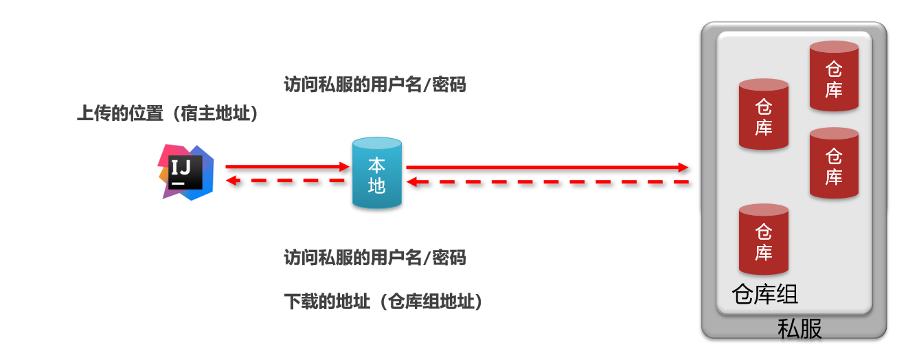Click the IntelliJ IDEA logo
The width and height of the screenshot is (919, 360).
pyautogui.click(x=185, y=172)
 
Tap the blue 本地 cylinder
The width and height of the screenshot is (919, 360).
pyautogui.click(x=376, y=173)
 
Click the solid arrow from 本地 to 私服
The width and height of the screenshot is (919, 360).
pyautogui.click(x=547, y=167)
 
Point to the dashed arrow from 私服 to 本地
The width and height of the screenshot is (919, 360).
pyautogui.click(x=547, y=182)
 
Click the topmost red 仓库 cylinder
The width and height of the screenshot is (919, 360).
pyautogui.click(x=834, y=76)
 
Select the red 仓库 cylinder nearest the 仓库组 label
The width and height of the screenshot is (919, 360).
pyautogui.click(x=763, y=239)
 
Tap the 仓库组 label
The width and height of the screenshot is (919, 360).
pyautogui.click(x=765, y=294)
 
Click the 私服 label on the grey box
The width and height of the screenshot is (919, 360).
pyautogui.click(x=799, y=328)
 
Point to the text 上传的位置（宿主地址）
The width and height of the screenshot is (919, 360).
pyautogui.click(x=168, y=114)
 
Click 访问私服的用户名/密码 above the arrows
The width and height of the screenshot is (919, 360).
pyautogui.click(x=375, y=85)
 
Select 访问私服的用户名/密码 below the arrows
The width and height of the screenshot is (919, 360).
pyautogui.click(x=375, y=258)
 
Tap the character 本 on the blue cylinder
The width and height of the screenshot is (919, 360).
pyautogui.click(x=376, y=165)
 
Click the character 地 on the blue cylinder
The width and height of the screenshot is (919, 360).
pyautogui.click(x=376, y=185)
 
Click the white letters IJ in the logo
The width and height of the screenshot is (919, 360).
pyautogui.click(x=183, y=167)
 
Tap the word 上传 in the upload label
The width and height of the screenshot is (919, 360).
pyautogui.click(x=94, y=114)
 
